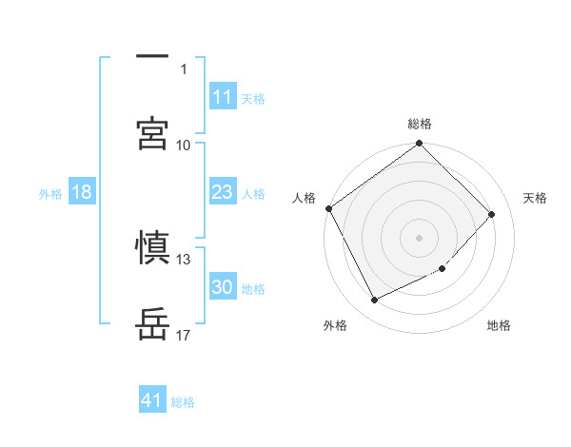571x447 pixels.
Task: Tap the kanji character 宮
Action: coord(153,133)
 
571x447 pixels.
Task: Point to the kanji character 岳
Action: coord(153,323)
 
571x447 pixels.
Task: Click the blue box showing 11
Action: coord(223,97)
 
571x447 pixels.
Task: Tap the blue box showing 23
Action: coord(223,192)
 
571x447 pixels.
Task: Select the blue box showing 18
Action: coord(82,192)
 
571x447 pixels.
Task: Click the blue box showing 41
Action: coord(152,400)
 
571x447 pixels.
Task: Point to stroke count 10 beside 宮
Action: coord(184,145)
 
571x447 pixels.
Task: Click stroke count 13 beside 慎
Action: coord(184,259)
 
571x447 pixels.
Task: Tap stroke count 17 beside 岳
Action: coord(184,335)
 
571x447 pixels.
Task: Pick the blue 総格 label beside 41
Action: coord(183,402)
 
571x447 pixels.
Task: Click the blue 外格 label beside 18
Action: coord(50,194)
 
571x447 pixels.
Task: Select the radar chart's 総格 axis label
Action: coord(420,124)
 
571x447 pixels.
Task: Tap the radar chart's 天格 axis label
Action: coord(536,198)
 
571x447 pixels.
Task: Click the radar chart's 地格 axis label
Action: coord(499,326)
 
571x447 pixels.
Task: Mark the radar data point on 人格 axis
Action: coord(328,208)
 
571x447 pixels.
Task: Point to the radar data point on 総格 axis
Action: coord(420,145)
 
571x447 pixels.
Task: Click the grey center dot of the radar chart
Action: coord(420,237)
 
